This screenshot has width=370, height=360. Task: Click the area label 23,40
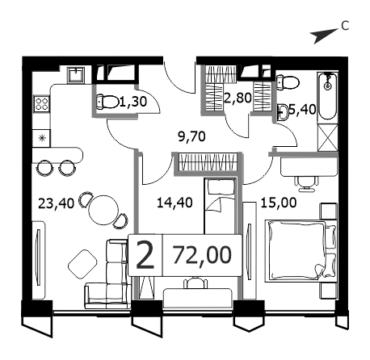[56, 203]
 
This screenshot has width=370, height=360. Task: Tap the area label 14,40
[174, 203]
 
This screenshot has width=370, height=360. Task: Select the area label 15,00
[279, 203]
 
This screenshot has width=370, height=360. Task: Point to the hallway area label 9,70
[191, 136]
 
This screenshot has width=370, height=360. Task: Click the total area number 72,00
[202, 254]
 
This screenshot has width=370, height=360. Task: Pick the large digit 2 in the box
[145, 254]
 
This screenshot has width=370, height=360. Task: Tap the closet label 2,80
[238, 98]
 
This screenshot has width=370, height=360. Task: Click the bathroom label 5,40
[302, 110]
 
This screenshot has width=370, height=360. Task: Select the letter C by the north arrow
[345, 26]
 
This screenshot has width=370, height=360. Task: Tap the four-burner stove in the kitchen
[42, 104]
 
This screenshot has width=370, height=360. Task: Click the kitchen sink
[76, 75]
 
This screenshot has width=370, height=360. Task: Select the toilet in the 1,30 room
[107, 102]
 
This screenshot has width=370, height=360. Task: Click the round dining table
[103, 210]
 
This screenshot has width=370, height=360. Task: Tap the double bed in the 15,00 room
[301, 251]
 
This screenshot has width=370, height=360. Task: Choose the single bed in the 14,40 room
[220, 206]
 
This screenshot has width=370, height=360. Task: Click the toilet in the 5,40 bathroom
[288, 82]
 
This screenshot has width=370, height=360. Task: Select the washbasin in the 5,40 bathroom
[283, 112]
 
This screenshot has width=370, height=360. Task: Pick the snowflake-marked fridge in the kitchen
[42, 138]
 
